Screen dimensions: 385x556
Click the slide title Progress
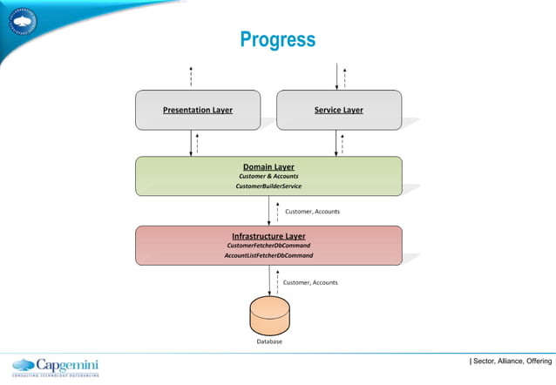point(277,40)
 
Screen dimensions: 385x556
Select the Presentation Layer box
point(197,110)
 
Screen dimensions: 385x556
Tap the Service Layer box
point(339,110)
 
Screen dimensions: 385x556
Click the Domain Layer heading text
point(268,165)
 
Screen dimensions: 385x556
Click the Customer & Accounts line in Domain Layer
point(268,176)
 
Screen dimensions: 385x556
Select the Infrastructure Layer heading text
point(268,235)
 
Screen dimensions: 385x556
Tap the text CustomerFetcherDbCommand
point(268,246)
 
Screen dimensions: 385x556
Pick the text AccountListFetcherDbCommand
point(268,256)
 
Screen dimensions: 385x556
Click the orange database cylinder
point(268,316)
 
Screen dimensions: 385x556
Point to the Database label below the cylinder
point(268,342)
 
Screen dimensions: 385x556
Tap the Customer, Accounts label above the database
point(310,282)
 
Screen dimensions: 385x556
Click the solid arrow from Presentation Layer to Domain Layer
point(191,143)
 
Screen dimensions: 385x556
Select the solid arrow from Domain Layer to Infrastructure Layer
point(268,211)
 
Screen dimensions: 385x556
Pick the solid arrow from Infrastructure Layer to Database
point(268,280)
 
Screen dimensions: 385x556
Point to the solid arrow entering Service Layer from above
point(336,77)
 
